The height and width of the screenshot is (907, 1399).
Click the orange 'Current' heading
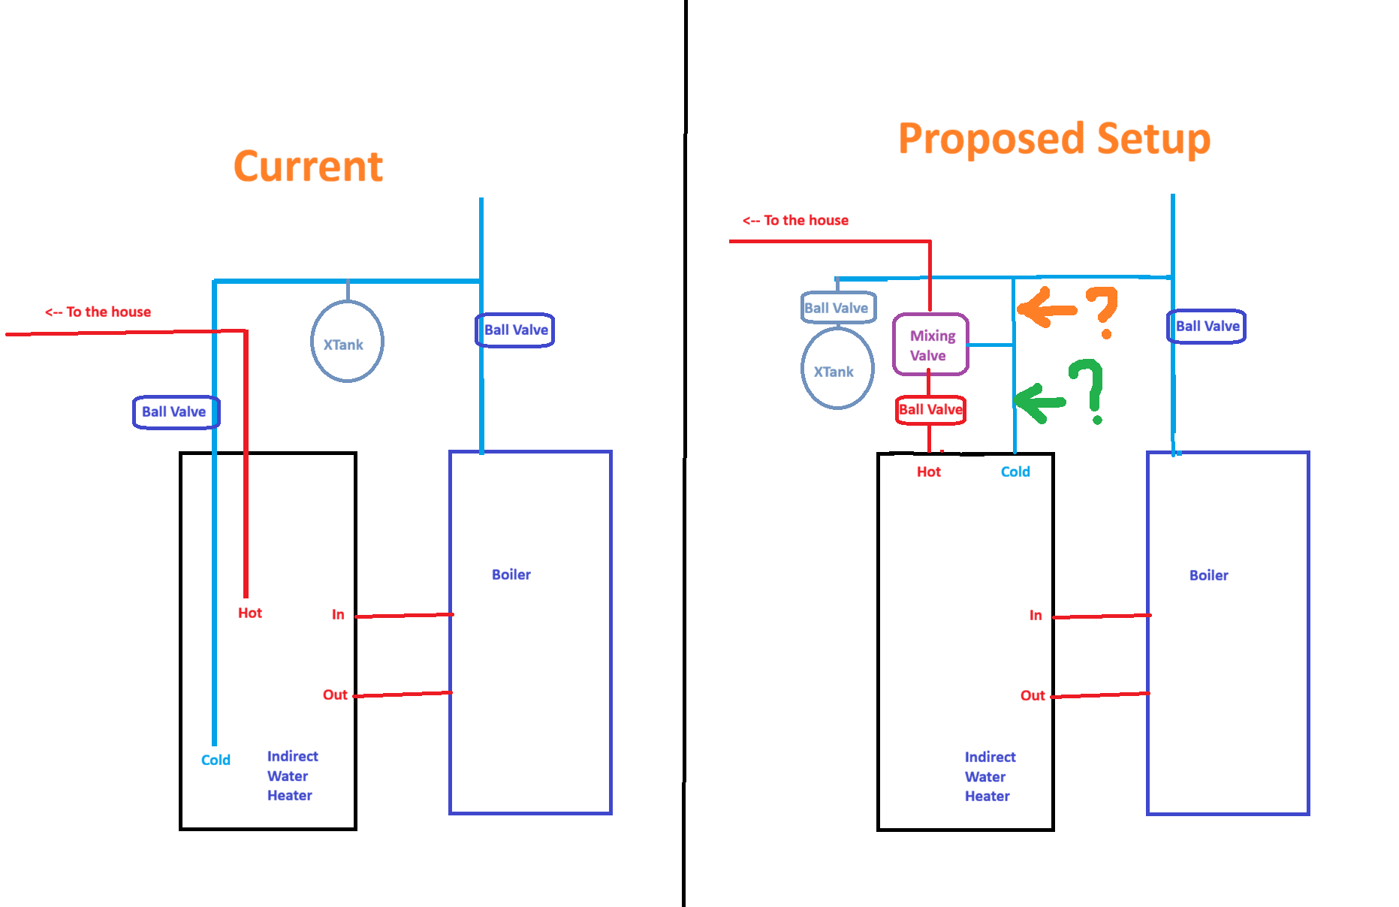tap(308, 166)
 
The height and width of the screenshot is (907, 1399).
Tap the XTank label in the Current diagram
tap(343, 345)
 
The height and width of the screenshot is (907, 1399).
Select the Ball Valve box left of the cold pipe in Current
tap(175, 411)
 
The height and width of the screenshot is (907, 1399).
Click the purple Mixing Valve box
tap(930, 345)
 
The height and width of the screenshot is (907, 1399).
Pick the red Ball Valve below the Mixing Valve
tap(930, 410)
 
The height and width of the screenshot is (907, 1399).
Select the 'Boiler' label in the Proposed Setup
tap(1208, 575)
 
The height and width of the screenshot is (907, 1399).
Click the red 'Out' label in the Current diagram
tap(335, 695)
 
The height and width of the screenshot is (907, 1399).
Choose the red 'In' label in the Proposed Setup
tap(1037, 615)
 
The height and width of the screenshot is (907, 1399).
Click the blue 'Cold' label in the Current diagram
tap(216, 760)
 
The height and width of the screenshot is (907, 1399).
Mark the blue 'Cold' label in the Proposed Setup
tap(1016, 472)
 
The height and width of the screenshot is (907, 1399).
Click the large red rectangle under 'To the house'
tap(830, 258)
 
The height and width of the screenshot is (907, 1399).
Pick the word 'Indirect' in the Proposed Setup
tap(990, 757)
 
